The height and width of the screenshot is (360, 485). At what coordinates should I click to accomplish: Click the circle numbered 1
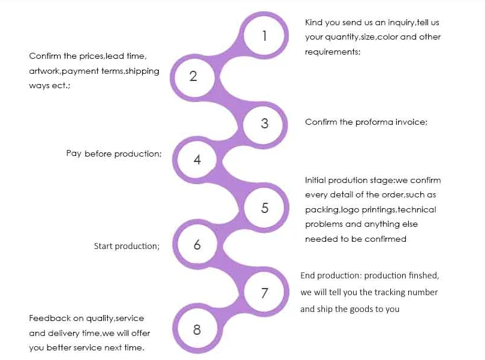264,36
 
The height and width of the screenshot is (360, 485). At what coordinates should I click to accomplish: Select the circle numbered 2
193,76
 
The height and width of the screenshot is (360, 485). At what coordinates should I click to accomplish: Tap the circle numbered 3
264,124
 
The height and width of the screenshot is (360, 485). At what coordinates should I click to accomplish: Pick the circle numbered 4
197,160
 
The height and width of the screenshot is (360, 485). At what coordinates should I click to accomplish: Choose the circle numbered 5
264,208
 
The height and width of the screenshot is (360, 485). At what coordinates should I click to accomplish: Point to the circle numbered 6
197,245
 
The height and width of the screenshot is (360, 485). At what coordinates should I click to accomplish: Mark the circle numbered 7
264,293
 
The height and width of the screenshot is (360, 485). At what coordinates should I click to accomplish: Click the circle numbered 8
197,329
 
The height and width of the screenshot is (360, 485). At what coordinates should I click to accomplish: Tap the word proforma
374,122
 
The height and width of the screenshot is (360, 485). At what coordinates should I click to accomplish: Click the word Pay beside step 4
73,154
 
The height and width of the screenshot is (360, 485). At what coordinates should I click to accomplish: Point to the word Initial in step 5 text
315,180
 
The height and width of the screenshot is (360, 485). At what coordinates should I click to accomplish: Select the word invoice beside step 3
411,122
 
